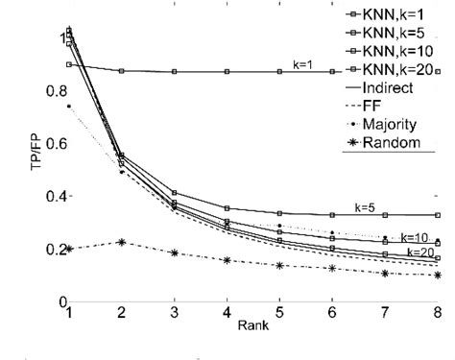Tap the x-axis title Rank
[251, 325]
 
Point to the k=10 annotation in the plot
[413, 237]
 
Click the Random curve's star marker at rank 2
[121, 242]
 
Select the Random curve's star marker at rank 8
[437, 275]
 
